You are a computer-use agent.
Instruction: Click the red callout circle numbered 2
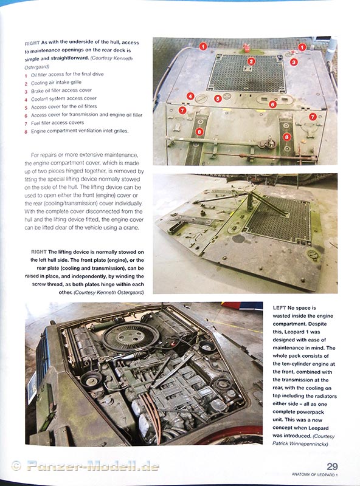(251, 61)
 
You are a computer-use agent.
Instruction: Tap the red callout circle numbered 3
(294, 62)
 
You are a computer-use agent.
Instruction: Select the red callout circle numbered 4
(190, 97)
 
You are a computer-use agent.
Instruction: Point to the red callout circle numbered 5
(218, 99)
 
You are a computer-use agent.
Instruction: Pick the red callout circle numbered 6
(272, 104)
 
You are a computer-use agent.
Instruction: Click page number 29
(332, 467)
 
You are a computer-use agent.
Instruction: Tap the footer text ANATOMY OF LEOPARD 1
(314, 475)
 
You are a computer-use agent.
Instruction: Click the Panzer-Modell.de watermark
(93, 466)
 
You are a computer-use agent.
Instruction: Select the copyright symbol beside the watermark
(16, 466)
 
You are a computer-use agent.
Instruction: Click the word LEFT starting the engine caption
(279, 308)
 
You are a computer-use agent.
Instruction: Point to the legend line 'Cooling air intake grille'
(56, 83)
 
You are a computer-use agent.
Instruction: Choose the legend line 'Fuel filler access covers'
(57, 123)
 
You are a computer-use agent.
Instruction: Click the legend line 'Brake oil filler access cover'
(61, 91)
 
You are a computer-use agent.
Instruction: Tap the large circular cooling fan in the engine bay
(131, 337)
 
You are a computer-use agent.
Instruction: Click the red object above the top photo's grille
(247, 48)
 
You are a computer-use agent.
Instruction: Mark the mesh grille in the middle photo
(278, 219)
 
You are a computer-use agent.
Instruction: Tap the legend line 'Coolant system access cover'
(64, 99)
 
